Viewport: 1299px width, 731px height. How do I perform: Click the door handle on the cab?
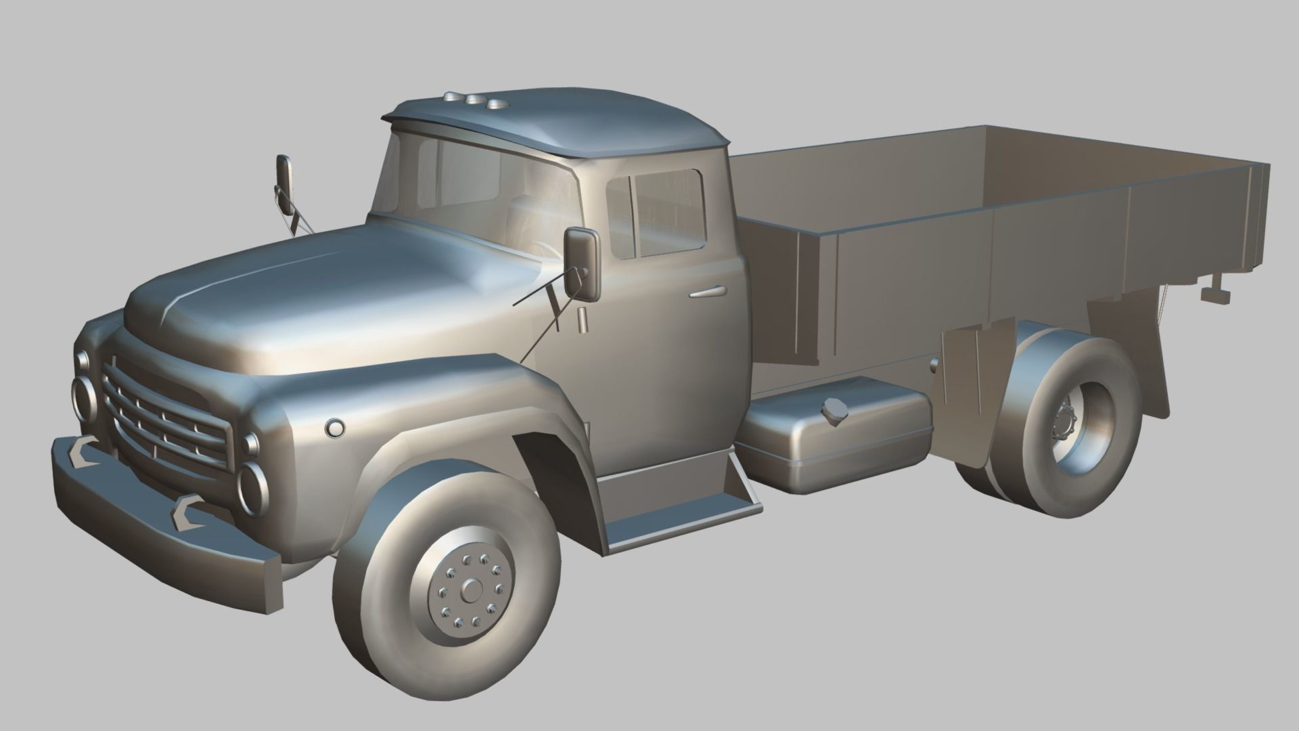click(x=708, y=292)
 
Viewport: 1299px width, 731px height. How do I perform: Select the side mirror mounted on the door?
click(x=583, y=264)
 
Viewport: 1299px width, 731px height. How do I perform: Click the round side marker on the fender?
click(x=334, y=428)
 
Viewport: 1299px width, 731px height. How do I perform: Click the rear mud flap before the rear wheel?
click(x=969, y=379)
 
